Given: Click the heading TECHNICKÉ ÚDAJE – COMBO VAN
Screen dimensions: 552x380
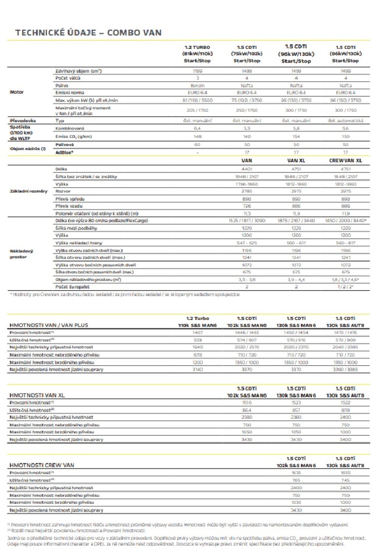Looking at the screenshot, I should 88,33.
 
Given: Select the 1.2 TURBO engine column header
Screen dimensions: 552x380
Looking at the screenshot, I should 197,54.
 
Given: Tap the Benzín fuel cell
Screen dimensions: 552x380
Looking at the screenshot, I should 197,85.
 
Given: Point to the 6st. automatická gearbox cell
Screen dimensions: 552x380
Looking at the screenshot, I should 345,121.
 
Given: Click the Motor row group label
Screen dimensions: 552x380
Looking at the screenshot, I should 17,92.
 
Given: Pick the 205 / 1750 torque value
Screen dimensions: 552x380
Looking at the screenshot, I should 197,110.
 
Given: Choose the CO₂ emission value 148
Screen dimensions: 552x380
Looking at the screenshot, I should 197,136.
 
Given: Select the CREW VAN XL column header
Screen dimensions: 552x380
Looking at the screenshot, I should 345,161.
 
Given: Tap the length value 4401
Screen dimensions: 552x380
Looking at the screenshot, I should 247,169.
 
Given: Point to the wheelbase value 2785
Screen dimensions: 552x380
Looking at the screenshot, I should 247,191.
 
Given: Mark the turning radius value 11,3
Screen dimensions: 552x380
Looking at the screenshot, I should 247,214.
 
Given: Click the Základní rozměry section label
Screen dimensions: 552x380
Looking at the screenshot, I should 29,191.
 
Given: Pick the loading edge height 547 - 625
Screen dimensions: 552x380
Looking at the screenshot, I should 247,243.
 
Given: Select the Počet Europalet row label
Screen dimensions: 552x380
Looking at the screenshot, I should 72,287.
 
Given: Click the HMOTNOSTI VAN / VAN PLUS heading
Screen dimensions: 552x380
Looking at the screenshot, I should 49,325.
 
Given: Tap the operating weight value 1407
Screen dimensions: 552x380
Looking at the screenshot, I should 197,332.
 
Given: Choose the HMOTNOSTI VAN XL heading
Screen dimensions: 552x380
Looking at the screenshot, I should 37,395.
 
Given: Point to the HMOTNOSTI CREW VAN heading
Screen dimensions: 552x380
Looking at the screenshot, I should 42,465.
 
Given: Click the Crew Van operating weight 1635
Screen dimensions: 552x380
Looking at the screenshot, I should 296,473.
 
